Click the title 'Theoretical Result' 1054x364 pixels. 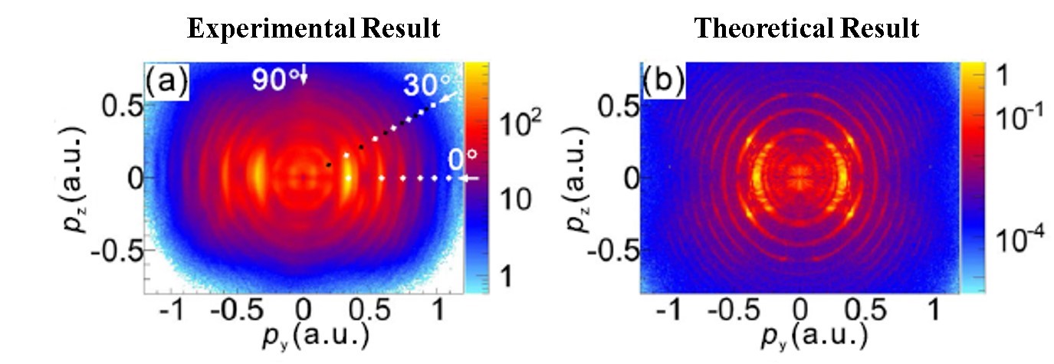tap(806, 29)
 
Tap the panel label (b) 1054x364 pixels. tap(660, 80)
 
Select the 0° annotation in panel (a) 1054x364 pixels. tap(462, 161)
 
